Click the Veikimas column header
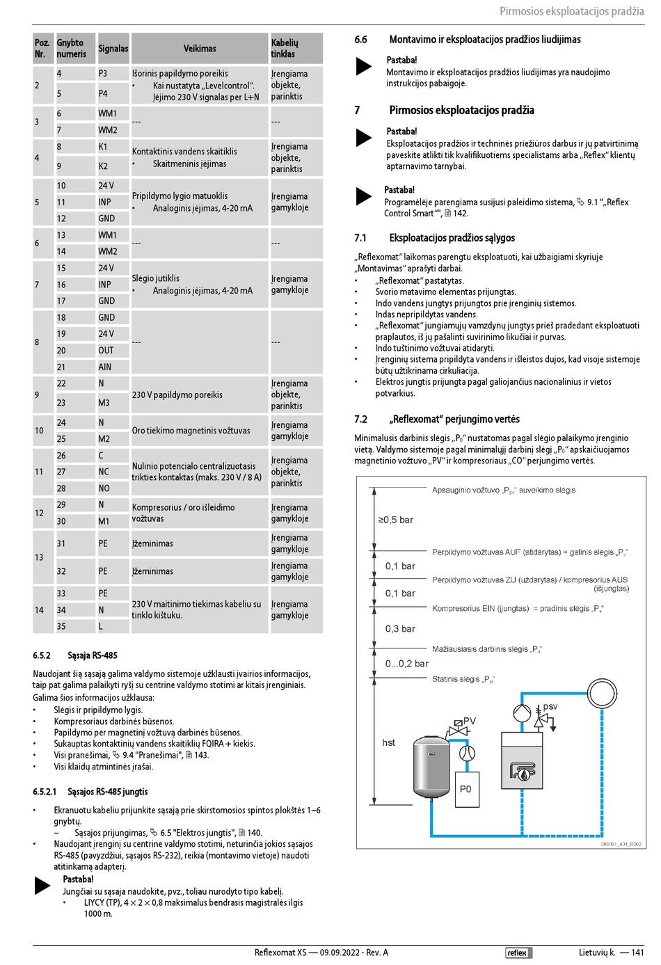200,49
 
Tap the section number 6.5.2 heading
42,655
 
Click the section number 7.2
360,420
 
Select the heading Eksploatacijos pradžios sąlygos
452,238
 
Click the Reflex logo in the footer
518,952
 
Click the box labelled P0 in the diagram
465,789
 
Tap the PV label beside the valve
470,721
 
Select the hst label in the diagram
388,742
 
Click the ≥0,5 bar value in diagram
395,520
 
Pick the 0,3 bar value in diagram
400,628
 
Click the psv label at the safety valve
550,706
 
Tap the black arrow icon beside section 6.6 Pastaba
364,66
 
